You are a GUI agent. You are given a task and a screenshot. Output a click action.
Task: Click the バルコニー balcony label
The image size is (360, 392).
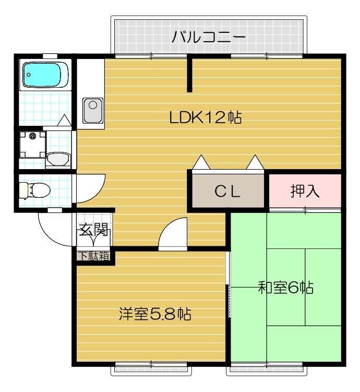tap(208, 37)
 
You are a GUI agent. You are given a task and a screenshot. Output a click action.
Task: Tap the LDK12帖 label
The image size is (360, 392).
tap(206, 117)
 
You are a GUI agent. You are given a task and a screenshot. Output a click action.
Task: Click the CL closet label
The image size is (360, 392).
tap(227, 192)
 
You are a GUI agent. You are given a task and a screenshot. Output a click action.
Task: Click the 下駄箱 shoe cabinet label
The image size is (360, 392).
tap(94, 256)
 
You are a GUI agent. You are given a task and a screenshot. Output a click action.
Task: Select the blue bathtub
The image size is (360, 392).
tap(46, 75)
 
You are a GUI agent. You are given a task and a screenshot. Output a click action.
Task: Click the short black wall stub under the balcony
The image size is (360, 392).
tap(190, 74)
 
